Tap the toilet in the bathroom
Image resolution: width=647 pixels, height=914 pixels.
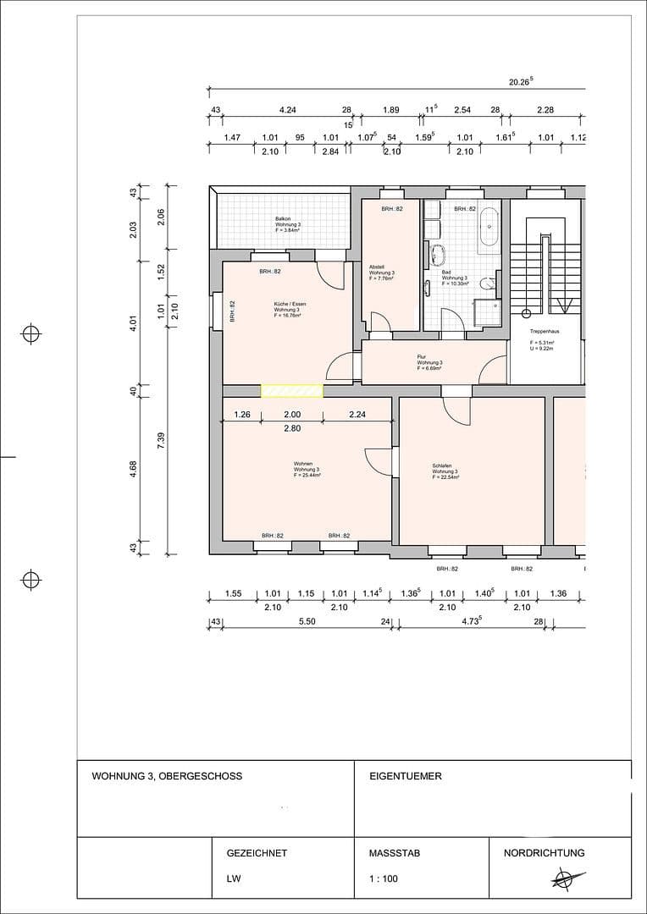point(486,284)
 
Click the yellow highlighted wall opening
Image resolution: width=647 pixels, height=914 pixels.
point(291,390)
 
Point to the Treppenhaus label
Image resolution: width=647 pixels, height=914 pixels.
point(543,332)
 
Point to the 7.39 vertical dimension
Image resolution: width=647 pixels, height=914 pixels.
point(158,441)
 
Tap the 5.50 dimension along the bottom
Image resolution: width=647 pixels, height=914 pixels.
point(307,622)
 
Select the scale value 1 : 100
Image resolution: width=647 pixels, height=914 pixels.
point(384,878)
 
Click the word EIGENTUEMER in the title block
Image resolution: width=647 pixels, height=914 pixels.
point(406,776)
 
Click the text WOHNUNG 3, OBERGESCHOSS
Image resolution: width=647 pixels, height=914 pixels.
point(167,776)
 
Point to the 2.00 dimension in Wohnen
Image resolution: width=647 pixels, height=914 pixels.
point(290,415)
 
